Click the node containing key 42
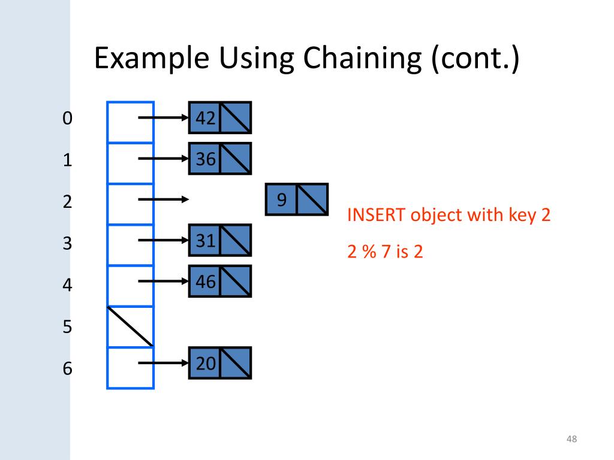pos(219,117)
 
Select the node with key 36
pos(219,158)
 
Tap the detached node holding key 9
pos(296,199)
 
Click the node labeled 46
pos(219,281)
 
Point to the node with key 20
pos(219,362)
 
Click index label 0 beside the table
pos(67,119)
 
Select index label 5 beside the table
pos(67,327)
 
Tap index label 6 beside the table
pos(67,368)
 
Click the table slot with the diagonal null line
pos(131,326)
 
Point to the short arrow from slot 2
pos(164,199)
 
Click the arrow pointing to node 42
pos(164,118)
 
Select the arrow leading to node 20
pos(164,362)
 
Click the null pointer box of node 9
pos(312,199)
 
